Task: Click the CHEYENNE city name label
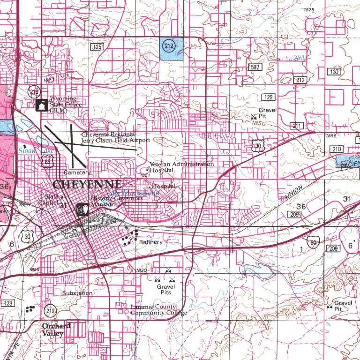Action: point(87,184)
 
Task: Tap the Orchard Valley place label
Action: point(56,330)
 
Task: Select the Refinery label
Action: point(150,242)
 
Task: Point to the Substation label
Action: point(77,293)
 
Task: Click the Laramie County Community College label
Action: point(159,310)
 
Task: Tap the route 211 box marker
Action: point(297,126)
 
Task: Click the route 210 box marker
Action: point(336,149)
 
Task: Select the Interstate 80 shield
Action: point(313,242)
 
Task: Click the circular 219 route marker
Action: point(33,91)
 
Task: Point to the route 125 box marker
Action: point(97,47)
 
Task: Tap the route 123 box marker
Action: point(7,304)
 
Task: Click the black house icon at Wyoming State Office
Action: point(41,105)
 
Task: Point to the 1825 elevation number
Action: point(309,10)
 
